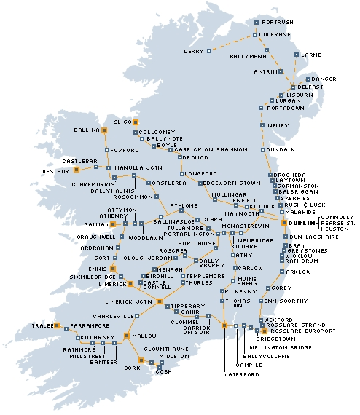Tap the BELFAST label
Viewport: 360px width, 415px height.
point(310,87)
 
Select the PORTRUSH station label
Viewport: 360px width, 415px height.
point(278,23)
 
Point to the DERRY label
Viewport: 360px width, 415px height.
point(194,51)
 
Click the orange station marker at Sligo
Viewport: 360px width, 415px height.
point(136,122)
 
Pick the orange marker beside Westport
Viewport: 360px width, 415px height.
point(77,170)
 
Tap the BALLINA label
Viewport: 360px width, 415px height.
point(86,130)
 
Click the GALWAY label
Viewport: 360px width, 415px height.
point(96,224)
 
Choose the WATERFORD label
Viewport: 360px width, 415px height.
point(241,374)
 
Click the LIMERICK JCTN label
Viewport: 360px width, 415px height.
point(128,301)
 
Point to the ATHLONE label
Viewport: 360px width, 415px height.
point(184,206)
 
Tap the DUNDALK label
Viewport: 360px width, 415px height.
point(281,149)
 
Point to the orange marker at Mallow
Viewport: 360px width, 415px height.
point(127,336)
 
